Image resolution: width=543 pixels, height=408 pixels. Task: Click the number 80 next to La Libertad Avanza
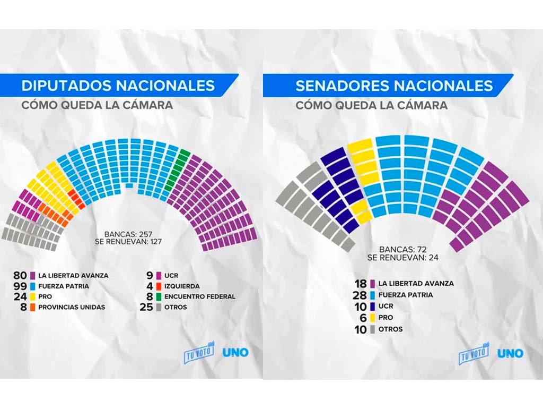pos(20,276)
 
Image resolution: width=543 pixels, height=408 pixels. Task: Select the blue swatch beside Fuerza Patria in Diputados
pos(33,286)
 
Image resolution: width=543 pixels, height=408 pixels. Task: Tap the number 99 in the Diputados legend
pos(20,286)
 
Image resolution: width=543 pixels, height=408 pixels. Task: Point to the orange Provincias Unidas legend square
pos(33,307)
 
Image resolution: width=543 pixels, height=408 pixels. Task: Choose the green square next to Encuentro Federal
pos(159,296)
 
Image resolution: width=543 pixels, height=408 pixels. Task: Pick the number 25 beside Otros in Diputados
pos(148,307)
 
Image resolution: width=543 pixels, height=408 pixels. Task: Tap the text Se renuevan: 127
pos(133,241)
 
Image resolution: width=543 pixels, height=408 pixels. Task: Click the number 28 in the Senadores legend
pos(362,294)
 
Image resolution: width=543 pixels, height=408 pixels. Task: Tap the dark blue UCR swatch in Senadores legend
pos(373,306)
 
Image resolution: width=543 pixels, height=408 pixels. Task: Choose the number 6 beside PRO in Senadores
pos(365,317)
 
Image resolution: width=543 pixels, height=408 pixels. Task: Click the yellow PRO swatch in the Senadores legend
pos(373,317)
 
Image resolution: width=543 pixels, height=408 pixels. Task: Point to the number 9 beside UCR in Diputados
pos(151,276)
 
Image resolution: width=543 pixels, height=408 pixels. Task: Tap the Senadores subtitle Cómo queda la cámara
pos(371,105)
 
